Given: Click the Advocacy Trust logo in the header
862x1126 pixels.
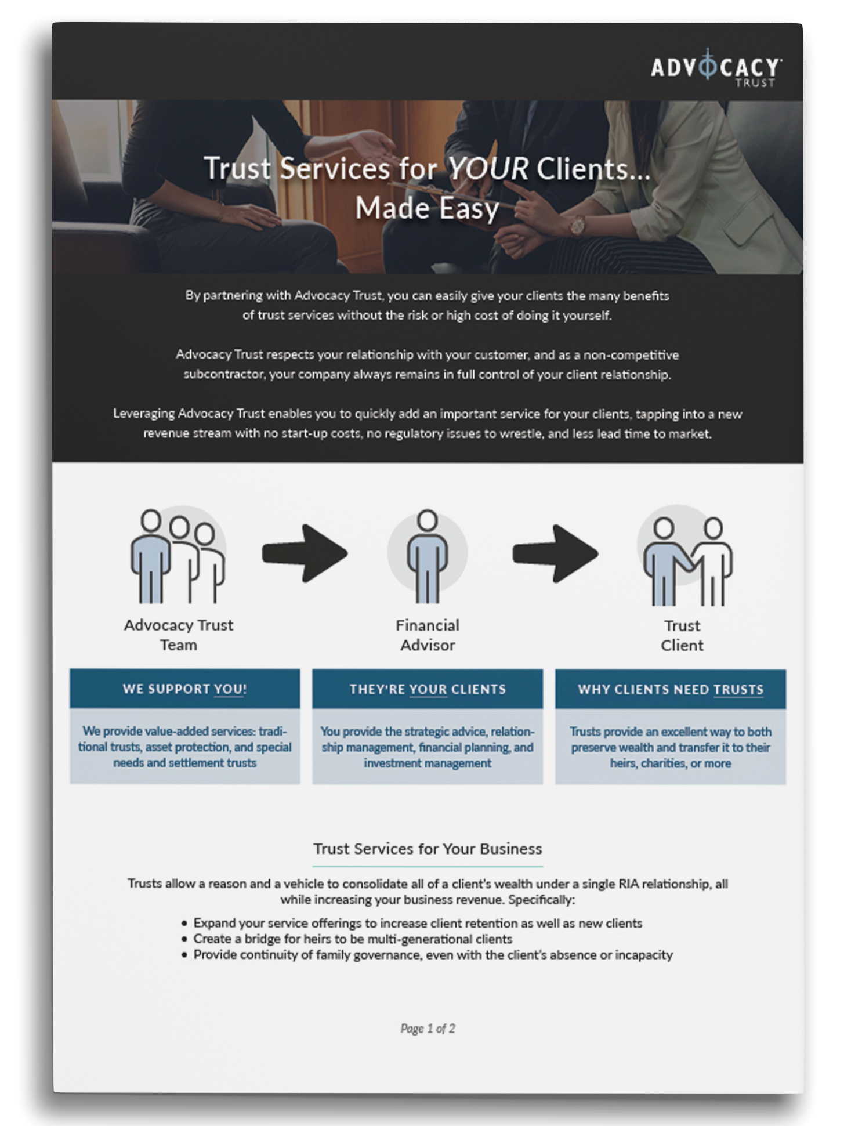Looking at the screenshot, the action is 716,68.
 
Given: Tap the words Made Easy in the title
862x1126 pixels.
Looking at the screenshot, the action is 427,208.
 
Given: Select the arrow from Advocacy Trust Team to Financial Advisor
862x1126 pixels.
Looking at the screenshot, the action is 305,553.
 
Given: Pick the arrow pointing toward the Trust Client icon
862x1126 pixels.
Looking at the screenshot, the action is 555,553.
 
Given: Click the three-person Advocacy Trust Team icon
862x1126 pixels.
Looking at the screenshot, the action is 178,556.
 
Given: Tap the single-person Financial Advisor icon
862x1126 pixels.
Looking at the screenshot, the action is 428,556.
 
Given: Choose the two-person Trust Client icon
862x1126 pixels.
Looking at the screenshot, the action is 686,557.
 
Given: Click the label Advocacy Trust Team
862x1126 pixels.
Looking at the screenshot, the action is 179,635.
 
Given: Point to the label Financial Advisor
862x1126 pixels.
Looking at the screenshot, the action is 428,635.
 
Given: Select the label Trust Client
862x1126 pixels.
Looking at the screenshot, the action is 682,635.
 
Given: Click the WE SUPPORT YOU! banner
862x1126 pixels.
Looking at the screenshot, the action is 185,689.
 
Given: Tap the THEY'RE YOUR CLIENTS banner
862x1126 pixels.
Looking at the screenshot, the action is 428,689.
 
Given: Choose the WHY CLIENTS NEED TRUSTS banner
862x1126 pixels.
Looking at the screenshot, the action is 671,689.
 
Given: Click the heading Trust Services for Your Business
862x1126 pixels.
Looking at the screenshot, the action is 428,849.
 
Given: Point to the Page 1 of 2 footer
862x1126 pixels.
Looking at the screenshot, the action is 428,1029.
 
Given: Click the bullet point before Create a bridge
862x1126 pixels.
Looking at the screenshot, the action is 184,939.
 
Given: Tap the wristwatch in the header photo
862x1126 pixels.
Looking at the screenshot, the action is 577,225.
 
